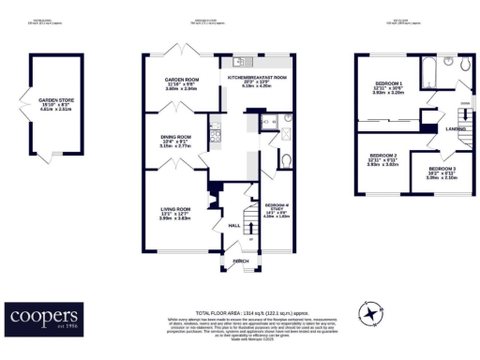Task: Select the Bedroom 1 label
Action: click(x=387, y=87)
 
